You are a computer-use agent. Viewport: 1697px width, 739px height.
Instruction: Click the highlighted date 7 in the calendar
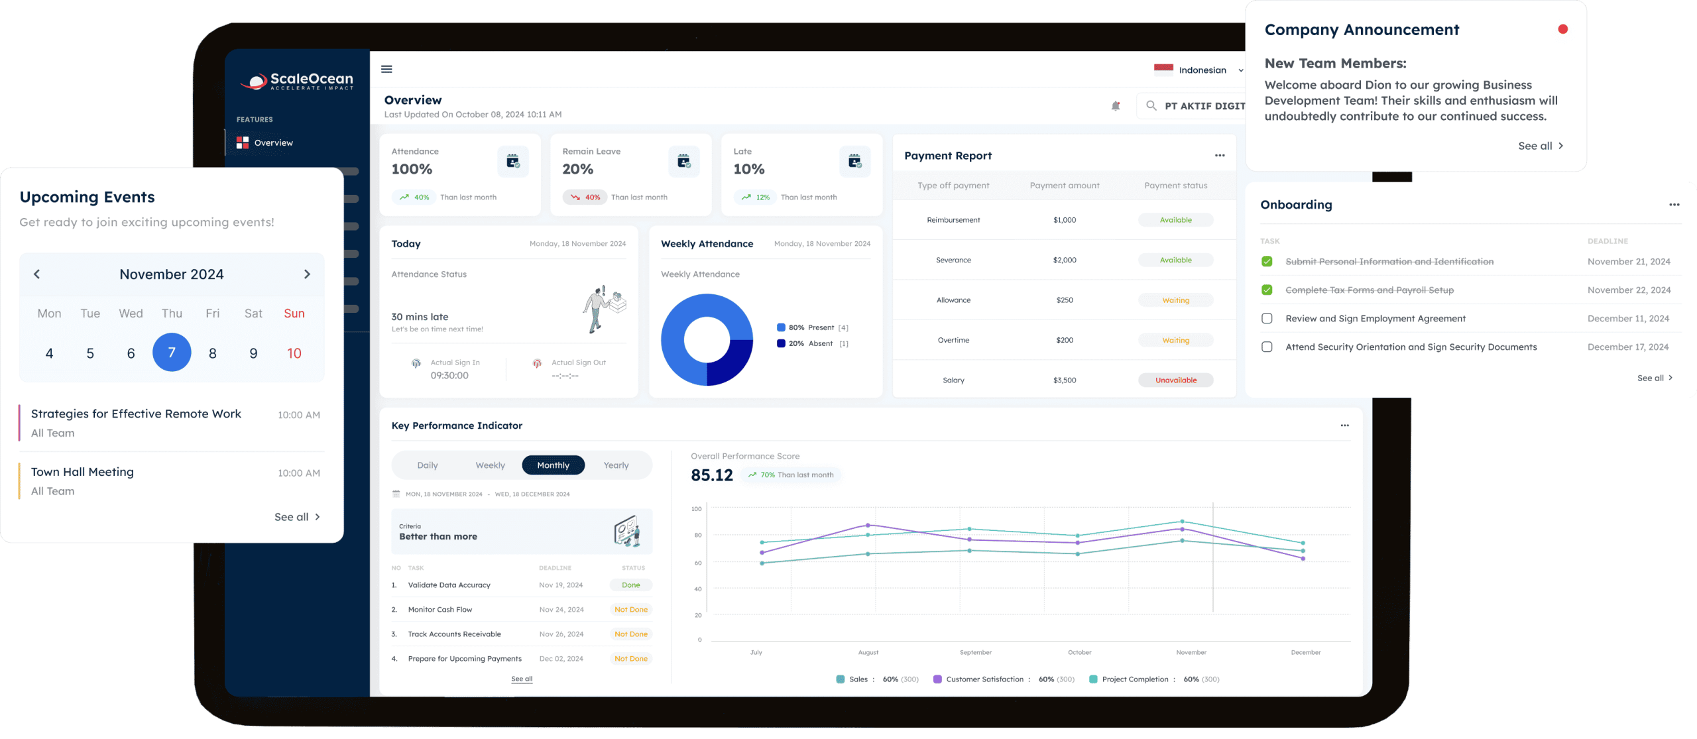coord(172,352)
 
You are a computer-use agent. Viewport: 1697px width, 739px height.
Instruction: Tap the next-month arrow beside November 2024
coord(307,274)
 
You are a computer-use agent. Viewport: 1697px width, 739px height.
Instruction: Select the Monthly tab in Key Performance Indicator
coord(553,465)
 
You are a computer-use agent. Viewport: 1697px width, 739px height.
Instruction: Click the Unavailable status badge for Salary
coord(1175,380)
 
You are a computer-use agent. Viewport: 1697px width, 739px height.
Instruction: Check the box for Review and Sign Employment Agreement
coord(1267,319)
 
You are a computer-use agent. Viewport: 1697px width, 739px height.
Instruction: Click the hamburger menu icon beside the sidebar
coord(386,70)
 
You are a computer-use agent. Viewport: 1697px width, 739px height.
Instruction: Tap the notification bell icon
coord(1116,106)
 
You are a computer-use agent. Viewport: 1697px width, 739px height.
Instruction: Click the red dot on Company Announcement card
coord(1562,29)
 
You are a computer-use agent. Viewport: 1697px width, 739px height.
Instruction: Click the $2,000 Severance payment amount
coord(1065,260)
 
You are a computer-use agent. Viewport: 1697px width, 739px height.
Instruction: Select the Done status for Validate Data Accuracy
coord(630,585)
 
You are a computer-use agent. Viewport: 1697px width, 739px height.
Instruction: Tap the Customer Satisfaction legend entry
coord(984,679)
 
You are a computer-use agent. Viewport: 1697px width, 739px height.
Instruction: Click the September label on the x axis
coord(975,653)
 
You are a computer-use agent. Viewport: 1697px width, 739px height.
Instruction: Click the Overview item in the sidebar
coord(272,143)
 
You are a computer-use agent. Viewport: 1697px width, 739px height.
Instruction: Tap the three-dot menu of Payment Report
coord(1219,156)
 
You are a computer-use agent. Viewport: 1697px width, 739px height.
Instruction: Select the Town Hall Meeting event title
coord(82,472)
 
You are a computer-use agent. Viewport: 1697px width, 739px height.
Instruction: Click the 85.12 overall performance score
coord(711,475)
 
